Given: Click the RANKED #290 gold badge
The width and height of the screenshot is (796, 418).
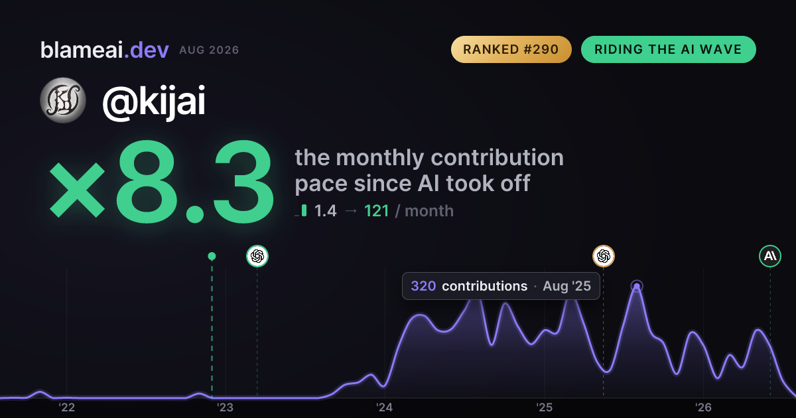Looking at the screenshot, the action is pos(511,49).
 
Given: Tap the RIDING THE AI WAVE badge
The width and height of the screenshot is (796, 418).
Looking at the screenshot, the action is pos(669,49).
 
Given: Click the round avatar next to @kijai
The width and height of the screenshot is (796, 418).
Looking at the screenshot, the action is pos(63,100).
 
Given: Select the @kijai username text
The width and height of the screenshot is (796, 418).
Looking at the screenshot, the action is pos(154,102).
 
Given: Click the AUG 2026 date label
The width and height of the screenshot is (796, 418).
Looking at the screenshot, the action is pos(209,50).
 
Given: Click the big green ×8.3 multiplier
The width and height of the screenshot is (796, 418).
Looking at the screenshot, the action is pos(162,182).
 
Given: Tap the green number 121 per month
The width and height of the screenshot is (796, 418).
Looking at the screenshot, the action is pos(377,211).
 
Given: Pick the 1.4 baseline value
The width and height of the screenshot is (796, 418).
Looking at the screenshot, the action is pos(326,211).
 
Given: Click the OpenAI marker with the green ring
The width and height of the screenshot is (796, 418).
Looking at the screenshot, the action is pos(257,256).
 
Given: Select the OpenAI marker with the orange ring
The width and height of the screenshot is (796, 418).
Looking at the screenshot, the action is pos(604,256).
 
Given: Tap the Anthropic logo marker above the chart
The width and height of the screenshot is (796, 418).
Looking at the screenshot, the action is pos(770,256).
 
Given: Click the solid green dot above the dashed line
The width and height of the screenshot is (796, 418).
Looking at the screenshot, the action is pos(212,256).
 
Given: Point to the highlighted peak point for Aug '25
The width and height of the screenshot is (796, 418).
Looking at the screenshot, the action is pos(637,286).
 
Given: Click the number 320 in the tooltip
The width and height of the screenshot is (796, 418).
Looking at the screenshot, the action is pos(423,286).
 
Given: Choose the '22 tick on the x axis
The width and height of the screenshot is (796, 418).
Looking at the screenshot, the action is pos(66,407).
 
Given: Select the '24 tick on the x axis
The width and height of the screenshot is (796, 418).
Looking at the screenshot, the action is pos(385,407).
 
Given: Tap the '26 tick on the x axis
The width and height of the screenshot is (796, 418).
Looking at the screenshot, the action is pos(703,407).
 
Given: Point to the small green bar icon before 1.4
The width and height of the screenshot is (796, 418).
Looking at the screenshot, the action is pos(304,210).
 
